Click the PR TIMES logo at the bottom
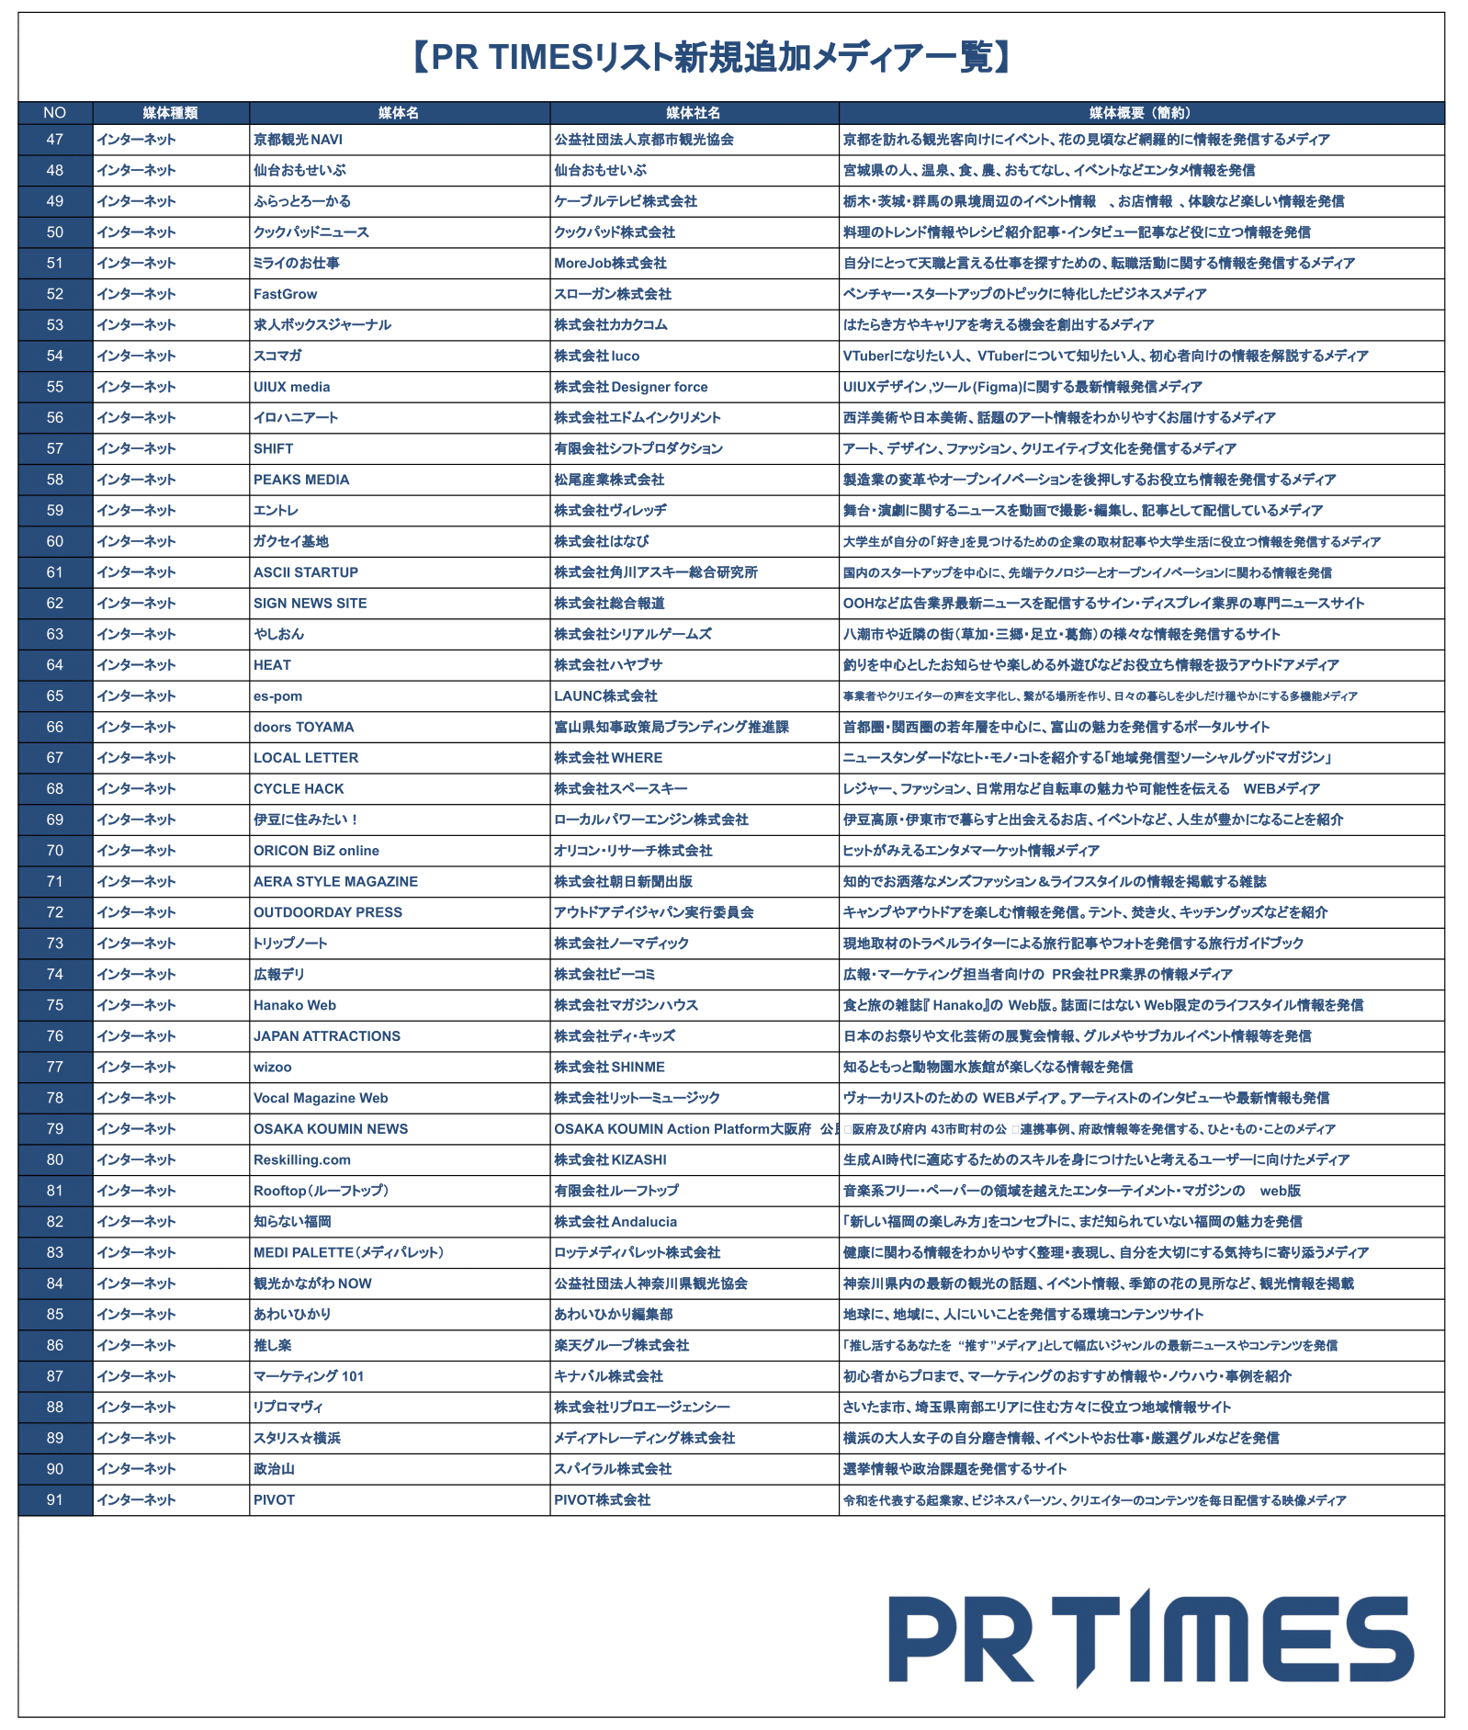point(1150,1638)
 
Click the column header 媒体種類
point(170,113)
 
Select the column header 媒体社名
point(693,113)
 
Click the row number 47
point(55,140)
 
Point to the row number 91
point(55,1500)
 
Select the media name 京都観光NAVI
point(298,140)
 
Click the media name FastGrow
point(285,294)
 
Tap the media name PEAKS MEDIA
point(301,480)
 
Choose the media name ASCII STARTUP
point(306,572)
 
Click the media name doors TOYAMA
point(303,727)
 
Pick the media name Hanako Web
point(295,1005)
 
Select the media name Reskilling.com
point(302,1159)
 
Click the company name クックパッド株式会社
point(615,232)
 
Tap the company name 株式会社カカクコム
point(611,325)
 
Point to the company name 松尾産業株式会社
point(609,480)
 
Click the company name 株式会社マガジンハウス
point(626,1005)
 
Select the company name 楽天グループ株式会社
point(621,1345)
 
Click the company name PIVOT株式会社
point(602,1500)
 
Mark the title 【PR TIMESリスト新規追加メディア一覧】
point(712,57)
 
